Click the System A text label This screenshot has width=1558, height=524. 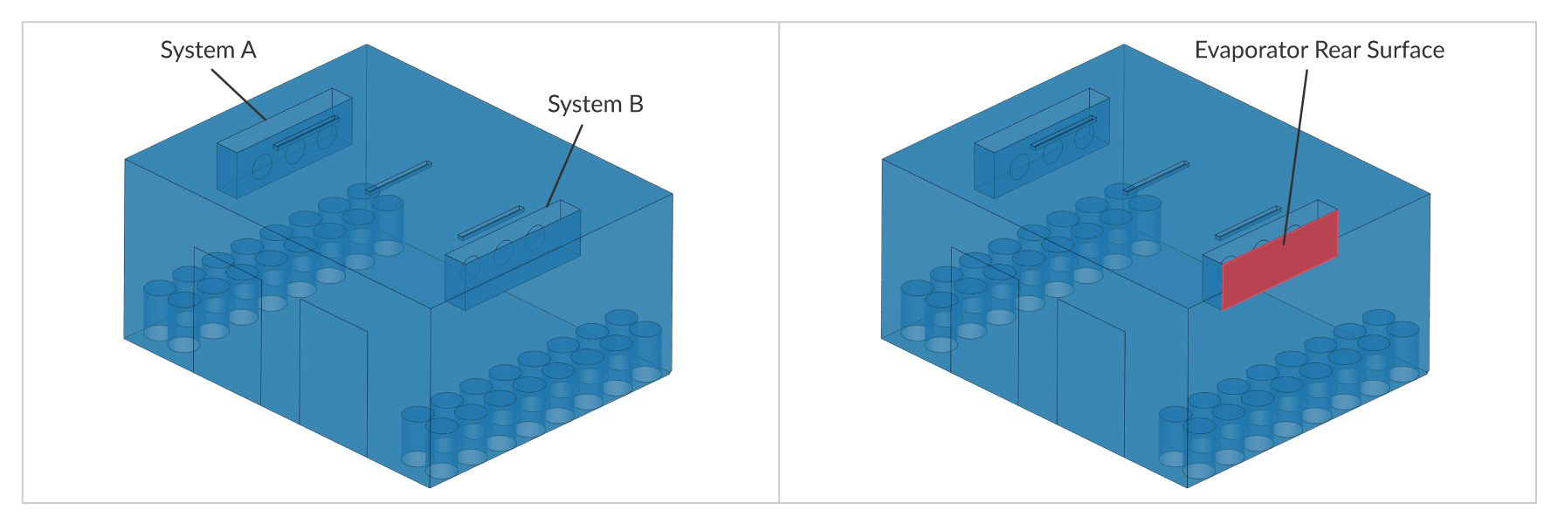click(x=208, y=51)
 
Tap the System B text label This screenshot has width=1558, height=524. click(x=595, y=105)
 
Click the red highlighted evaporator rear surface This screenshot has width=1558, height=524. click(x=1279, y=259)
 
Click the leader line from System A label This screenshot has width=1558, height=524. click(x=238, y=93)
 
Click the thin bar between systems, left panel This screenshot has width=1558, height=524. click(x=399, y=176)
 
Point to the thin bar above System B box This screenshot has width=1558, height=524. click(x=491, y=222)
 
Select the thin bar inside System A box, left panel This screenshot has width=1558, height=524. click(x=307, y=132)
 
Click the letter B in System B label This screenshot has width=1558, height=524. click(x=636, y=105)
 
